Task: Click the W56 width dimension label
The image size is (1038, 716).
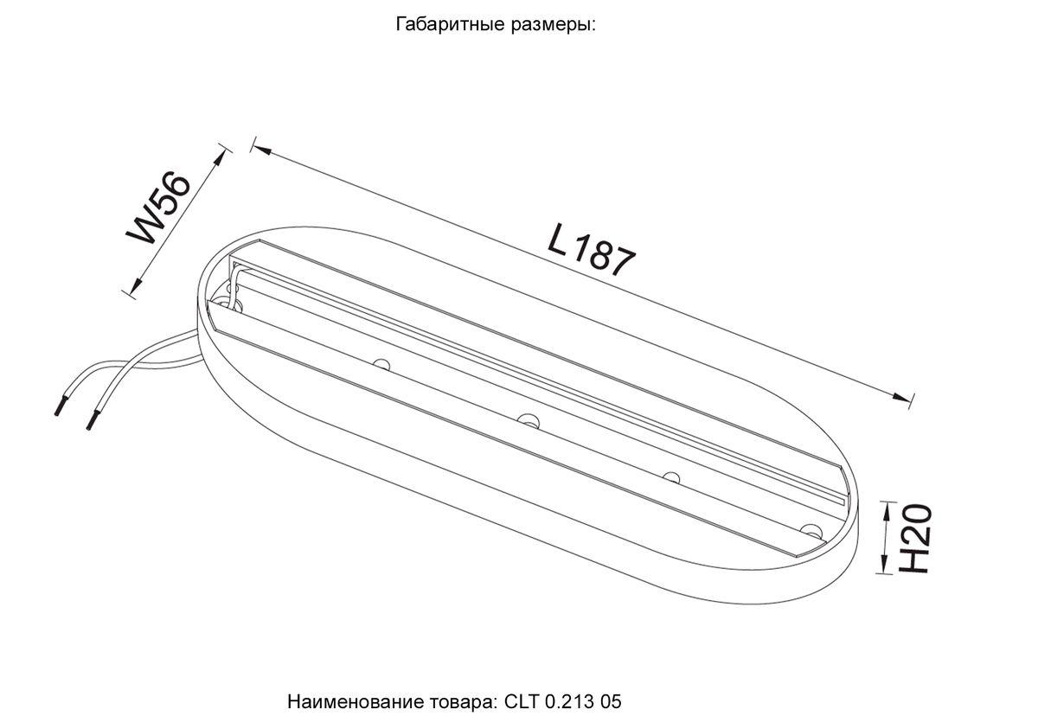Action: [x=159, y=208]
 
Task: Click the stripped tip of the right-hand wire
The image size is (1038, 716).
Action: [x=90, y=425]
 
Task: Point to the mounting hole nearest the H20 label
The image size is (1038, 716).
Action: [x=811, y=529]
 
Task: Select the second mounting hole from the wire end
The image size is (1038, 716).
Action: [x=528, y=419]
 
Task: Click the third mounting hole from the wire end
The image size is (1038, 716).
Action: [x=670, y=476]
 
